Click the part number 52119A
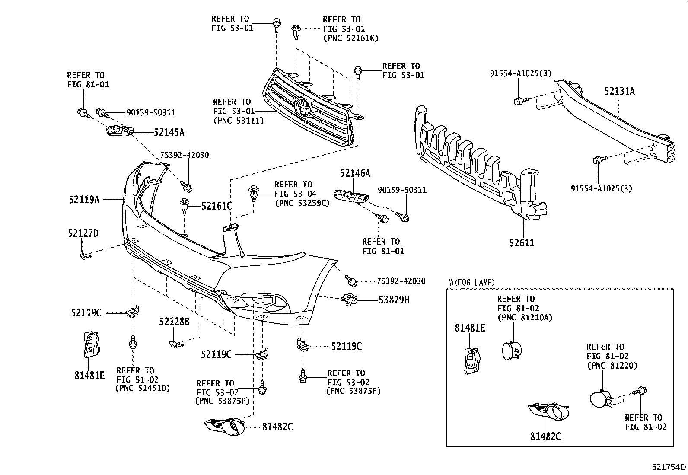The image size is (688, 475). pos(84,200)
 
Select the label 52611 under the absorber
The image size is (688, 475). pos(521,243)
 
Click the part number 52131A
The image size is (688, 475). pos(619,91)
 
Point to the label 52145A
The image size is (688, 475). pos(169,132)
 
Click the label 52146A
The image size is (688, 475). pos(355,174)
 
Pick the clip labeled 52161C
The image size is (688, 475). pos(185,205)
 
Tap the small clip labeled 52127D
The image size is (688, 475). pos(83,255)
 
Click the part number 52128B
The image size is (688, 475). pos(174,322)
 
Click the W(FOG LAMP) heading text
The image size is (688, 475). pos(471,283)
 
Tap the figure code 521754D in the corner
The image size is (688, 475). pos(669,467)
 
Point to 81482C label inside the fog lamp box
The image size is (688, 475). pos(546,437)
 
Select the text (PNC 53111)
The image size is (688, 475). pos(238,121)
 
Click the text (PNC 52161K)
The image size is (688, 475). pos(350,38)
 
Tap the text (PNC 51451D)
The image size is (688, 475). pos(142,388)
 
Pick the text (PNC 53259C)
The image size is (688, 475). pos(302,203)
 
